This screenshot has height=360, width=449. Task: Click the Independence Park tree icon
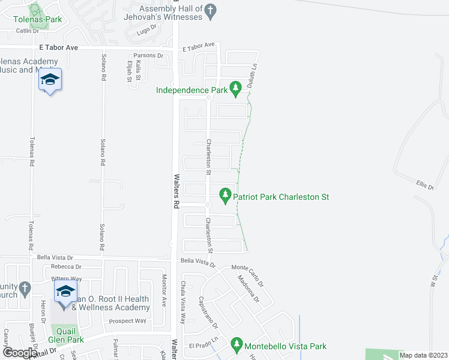(236, 90)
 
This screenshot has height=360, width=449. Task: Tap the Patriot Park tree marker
(225, 195)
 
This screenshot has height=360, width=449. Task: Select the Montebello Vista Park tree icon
(236, 345)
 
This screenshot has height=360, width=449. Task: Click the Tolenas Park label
(38, 19)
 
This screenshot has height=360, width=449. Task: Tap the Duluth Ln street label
(254, 75)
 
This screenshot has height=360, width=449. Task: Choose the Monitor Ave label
(164, 290)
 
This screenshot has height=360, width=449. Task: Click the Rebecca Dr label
(66, 266)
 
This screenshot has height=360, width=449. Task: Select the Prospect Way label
(127, 321)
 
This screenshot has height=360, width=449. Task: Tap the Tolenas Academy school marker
(50, 81)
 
